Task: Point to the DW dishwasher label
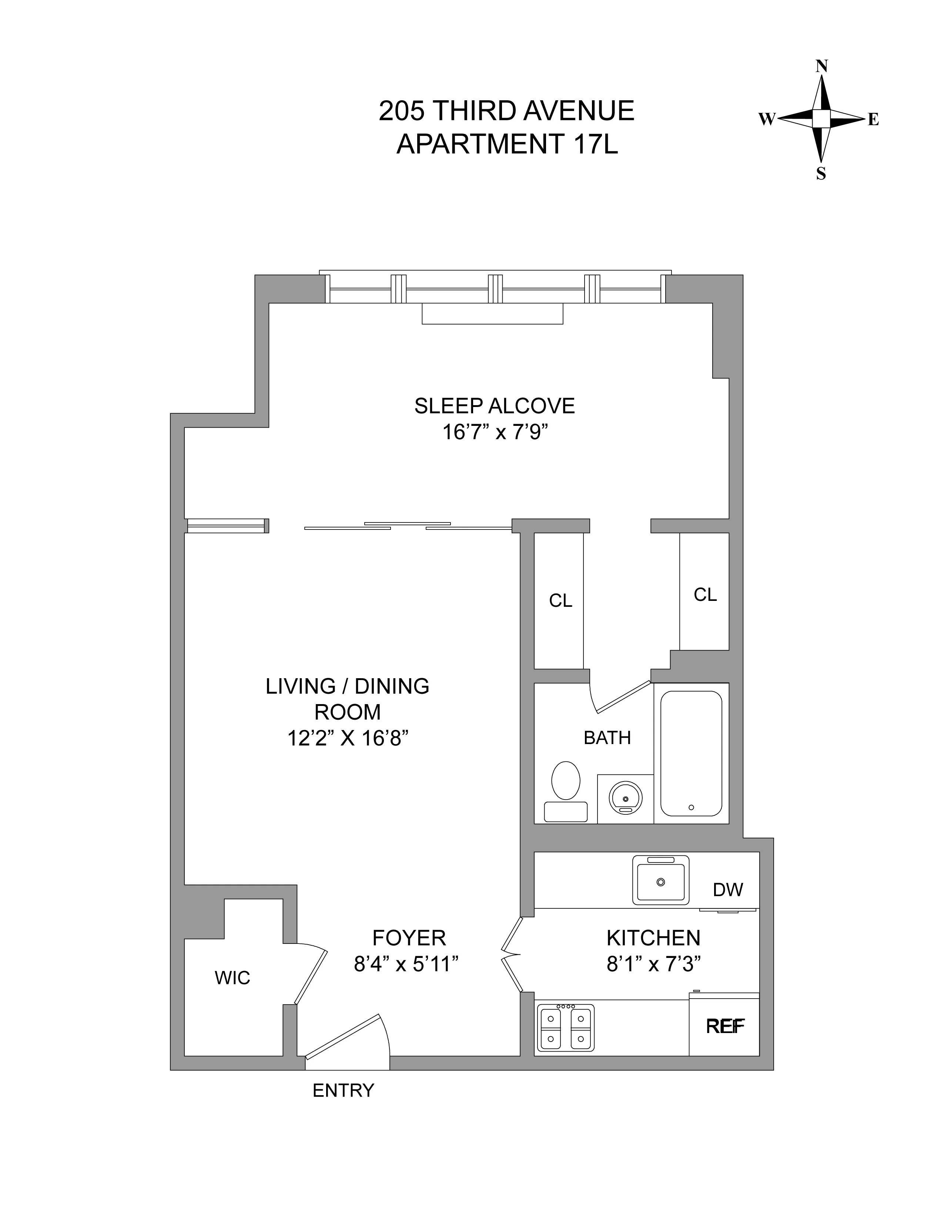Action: pos(727,889)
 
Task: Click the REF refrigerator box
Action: pos(724,1026)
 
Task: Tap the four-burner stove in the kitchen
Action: pos(565,1027)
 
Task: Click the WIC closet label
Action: pos(232,978)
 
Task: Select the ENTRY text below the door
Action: pos(343,1090)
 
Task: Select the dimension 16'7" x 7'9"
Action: pos(494,432)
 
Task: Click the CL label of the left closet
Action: pos(560,601)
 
